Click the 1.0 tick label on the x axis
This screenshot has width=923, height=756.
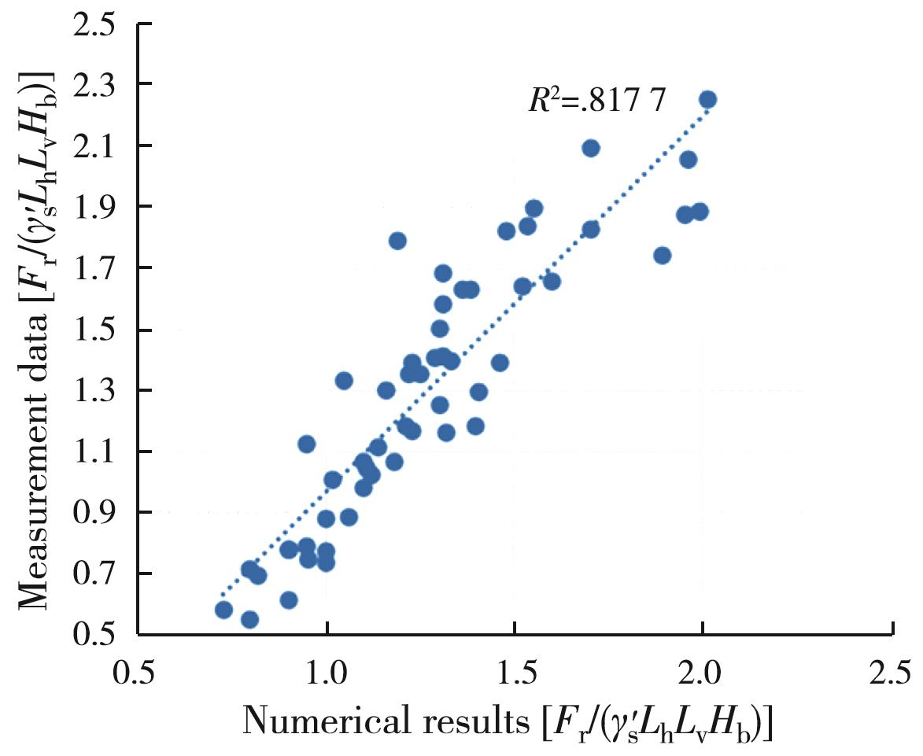click(x=326, y=674)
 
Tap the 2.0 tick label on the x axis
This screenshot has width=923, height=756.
click(x=702, y=674)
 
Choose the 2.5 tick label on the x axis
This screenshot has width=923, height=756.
click(x=892, y=674)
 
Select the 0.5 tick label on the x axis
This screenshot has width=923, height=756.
click(x=138, y=674)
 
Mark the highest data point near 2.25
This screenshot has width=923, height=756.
click(x=707, y=99)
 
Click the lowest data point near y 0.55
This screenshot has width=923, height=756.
click(x=249, y=619)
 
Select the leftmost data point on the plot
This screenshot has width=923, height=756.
click(x=223, y=610)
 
